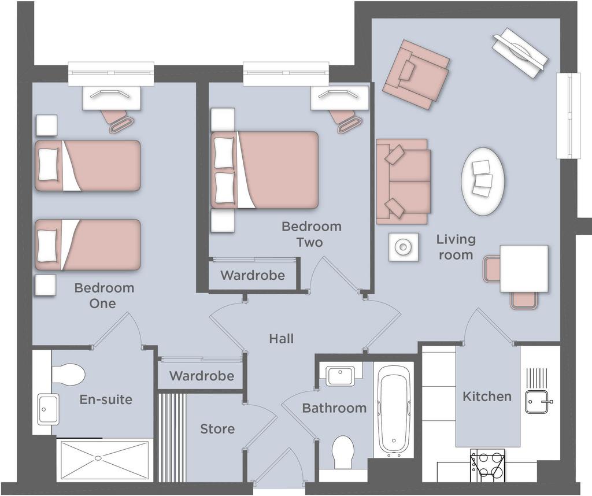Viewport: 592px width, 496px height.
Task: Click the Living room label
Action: (x=456, y=247)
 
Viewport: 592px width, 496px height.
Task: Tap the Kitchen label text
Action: (x=487, y=397)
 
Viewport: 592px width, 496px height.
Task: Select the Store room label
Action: (x=217, y=429)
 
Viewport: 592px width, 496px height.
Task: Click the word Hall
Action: (x=282, y=339)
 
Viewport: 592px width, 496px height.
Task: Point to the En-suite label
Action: (x=106, y=399)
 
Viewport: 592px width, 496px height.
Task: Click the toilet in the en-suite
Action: (x=68, y=375)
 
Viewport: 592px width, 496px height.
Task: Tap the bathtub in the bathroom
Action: (x=394, y=410)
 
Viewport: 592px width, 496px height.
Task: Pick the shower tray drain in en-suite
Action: (x=98, y=458)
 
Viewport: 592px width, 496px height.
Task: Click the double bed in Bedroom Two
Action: (x=264, y=170)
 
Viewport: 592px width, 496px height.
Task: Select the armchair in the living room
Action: (x=416, y=75)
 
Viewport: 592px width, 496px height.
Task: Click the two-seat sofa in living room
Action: (x=403, y=182)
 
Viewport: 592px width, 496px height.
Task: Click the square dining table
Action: (x=524, y=268)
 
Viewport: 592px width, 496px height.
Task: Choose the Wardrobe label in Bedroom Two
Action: (x=252, y=275)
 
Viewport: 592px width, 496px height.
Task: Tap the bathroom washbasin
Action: (x=341, y=375)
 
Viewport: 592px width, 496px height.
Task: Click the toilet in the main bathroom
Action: (x=343, y=453)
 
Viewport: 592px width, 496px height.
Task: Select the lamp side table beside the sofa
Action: (x=404, y=247)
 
